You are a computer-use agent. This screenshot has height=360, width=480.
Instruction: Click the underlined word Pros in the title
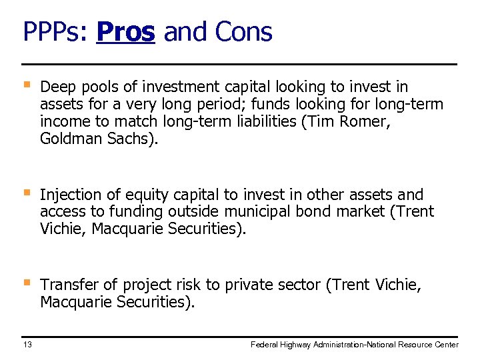coord(125,31)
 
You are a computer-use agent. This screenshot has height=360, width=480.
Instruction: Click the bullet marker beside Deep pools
coord(26,85)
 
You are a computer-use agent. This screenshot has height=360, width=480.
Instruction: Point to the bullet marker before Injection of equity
coord(26,193)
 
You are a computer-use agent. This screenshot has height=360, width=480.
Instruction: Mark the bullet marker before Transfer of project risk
coord(26,283)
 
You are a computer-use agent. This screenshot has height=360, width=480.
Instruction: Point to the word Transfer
coord(68,285)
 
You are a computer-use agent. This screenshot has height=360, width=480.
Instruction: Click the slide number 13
coord(27,344)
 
